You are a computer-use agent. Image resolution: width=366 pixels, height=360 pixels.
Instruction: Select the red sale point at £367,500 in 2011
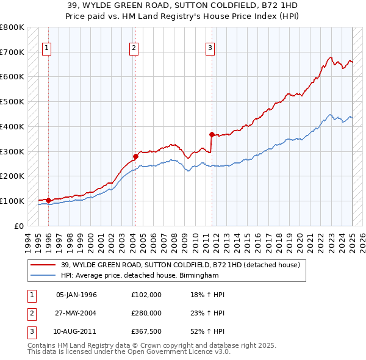pos(212,134)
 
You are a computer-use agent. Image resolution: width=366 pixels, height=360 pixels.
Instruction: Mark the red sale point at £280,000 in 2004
pos(135,156)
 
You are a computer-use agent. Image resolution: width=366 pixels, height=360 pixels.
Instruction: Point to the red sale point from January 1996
pos(48,200)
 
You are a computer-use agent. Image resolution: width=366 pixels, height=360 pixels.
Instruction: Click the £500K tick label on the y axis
pos(12,101)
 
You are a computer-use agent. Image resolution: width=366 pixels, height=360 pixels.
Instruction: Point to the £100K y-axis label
pos(12,201)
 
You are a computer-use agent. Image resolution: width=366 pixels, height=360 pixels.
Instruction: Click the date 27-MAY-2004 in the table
pos(76,312)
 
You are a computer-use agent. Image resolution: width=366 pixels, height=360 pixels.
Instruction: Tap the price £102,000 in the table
pos(146,294)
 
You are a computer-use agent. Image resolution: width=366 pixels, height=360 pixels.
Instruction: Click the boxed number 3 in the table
pos(30,331)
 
